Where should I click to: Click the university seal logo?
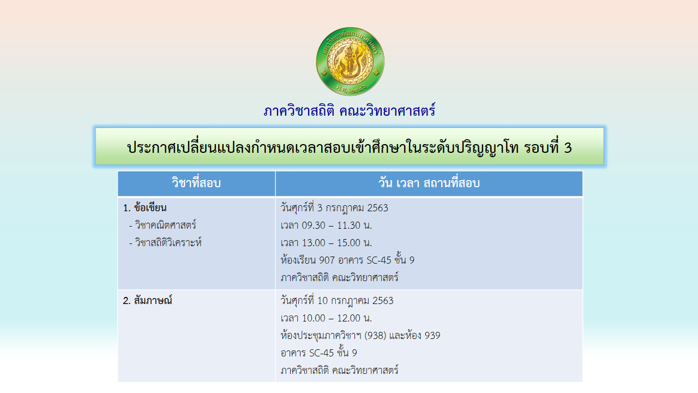pyautogui.click(x=350, y=61)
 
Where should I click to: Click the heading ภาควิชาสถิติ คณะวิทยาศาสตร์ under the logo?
pyautogui.click(x=350, y=111)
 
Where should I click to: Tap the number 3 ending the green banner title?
pyautogui.click(x=568, y=147)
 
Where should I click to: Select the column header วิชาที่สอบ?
pyautogui.click(x=196, y=183)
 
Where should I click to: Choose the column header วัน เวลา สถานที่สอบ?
pyautogui.click(x=429, y=183)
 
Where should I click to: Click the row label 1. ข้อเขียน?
pyautogui.click(x=145, y=208)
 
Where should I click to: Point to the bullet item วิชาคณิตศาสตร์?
pyautogui.click(x=163, y=225)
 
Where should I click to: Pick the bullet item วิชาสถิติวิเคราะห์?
pyautogui.click(x=165, y=242)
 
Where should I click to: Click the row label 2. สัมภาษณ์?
pyautogui.click(x=147, y=300)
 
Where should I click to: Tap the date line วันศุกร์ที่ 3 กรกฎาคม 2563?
pyautogui.click(x=334, y=208)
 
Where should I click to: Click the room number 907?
pyautogui.click(x=327, y=260)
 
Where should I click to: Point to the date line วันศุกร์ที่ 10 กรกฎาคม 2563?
pyautogui.click(x=337, y=301)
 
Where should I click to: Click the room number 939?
pyautogui.click(x=432, y=336)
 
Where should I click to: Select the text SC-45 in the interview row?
pyautogui.click(x=322, y=353)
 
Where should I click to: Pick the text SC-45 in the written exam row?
pyautogui.click(x=379, y=260)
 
